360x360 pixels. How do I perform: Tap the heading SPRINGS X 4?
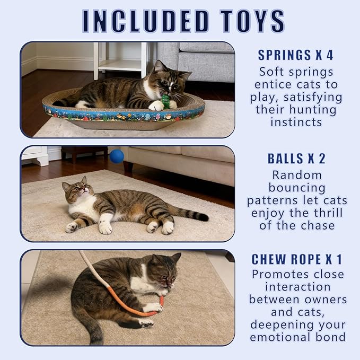tap(296, 55)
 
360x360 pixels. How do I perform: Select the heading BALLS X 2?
tap(296, 159)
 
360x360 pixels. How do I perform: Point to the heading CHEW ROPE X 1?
tap(296, 259)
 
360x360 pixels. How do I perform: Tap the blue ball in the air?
tap(117, 156)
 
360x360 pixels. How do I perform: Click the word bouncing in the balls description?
tap(296, 188)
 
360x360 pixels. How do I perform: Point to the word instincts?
tap(296, 122)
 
